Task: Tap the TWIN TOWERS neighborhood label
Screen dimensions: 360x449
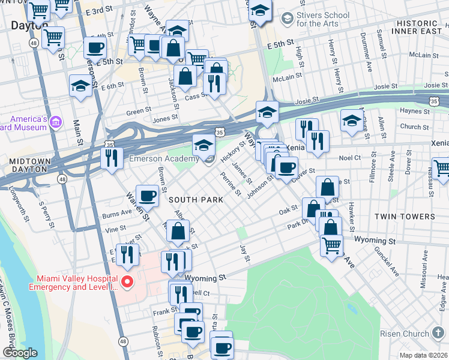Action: tap(405, 216)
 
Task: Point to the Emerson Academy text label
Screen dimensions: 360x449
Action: tap(164, 158)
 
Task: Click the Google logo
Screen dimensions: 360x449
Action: tap(20, 353)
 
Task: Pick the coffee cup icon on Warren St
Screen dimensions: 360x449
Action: tap(147, 195)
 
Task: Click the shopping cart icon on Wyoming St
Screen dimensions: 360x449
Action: tap(331, 245)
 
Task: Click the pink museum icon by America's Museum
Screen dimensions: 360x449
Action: tap(56, 123)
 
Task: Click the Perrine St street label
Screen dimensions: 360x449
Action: tap(231, 185)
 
